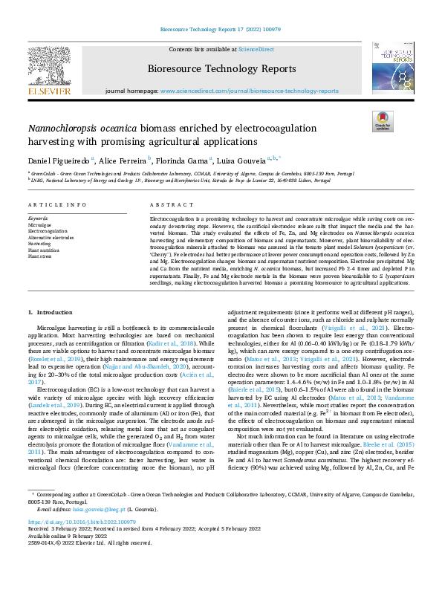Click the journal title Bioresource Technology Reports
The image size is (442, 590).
tap(221, 70)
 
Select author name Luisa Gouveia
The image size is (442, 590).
tap(241, 161)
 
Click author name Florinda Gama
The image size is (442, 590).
tap(182, 161)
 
